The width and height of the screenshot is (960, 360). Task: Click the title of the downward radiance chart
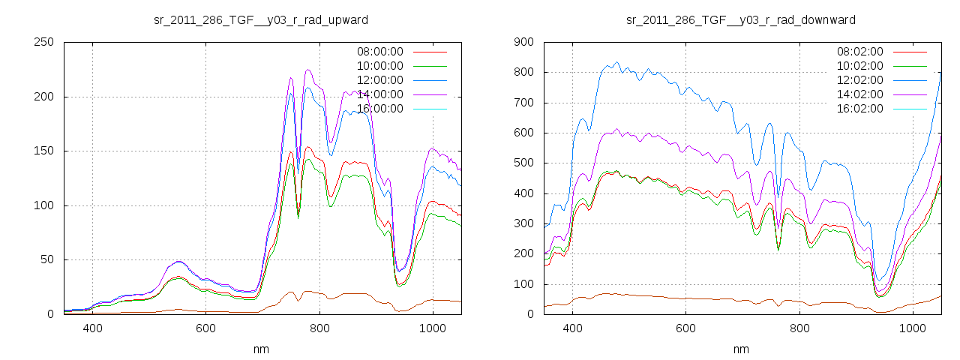coord(740,19)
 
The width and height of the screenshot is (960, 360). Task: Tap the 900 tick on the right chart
coord(523,42)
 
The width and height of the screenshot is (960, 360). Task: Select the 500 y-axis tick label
coord(523,163)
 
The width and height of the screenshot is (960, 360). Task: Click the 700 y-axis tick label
coord(523,103)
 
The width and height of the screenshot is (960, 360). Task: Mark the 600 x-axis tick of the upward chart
coord(206,328)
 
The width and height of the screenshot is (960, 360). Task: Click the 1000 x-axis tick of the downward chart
coord(912,328)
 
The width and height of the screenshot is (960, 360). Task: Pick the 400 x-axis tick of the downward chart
coord(572,328)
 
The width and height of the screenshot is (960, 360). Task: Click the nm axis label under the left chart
coord(261,349)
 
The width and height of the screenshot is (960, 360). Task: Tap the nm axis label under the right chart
coord(741,349)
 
